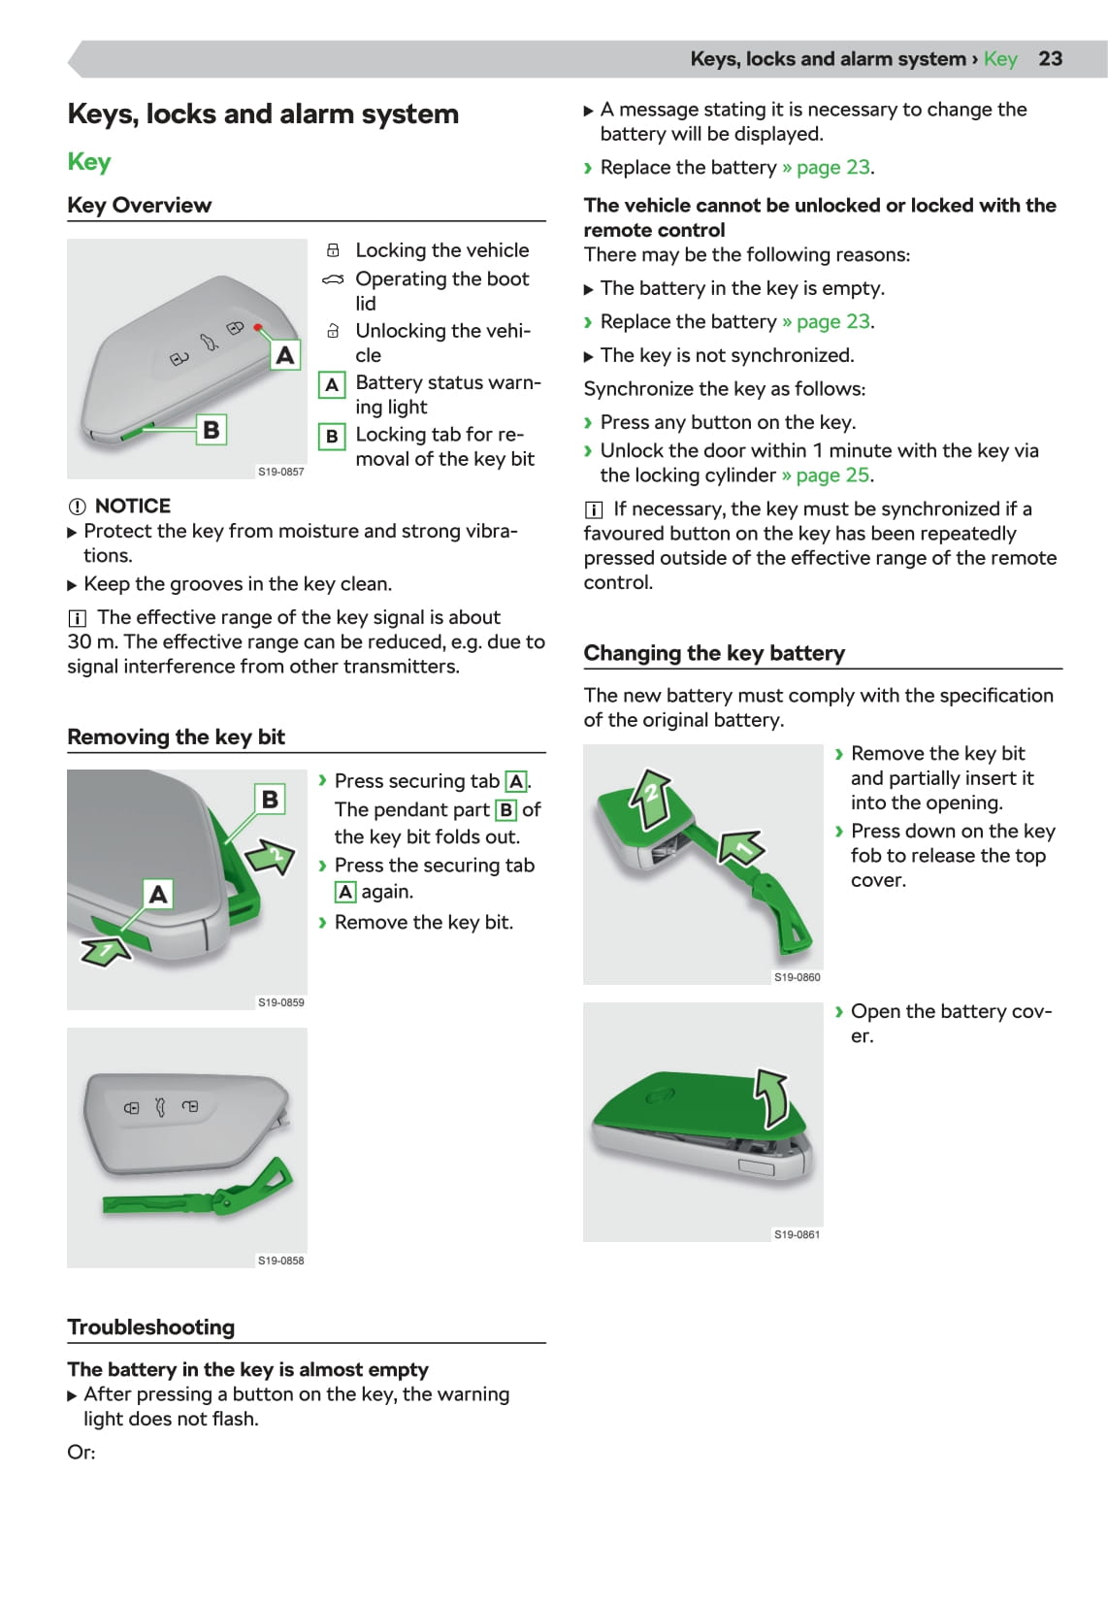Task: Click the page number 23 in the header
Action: pos(1050,58)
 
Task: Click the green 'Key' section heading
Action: pos(89,161)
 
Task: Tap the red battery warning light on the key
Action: pos(258,328)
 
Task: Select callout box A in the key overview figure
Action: pos(284,355)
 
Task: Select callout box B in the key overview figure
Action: pos(211,429)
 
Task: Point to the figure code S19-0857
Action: pos(280,472)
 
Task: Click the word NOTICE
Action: pos(133,506)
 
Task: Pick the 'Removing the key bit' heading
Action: pos(176,737)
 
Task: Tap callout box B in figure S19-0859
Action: pos(270,799)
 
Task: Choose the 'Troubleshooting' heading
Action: pos(150,1327)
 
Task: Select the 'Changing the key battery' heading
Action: pos(714,653)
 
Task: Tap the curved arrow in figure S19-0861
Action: pos(773,1098)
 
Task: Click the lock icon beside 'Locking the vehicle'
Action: pos(333,250)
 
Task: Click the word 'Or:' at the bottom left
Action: pos(81,1452)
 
